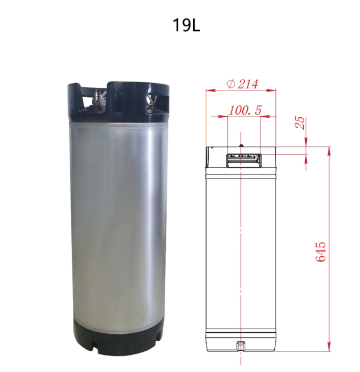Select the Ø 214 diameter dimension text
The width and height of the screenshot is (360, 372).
[x=242, y=84]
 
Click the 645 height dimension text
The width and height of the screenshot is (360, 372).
[x=321, y=251]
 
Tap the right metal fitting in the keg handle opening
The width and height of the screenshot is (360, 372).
[x=151, y=99]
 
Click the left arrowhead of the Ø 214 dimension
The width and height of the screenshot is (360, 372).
[x=208, y=90]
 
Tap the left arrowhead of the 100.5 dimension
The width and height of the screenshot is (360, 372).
[x=229, y=116]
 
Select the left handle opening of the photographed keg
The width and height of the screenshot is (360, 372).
[x=88, y=98]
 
